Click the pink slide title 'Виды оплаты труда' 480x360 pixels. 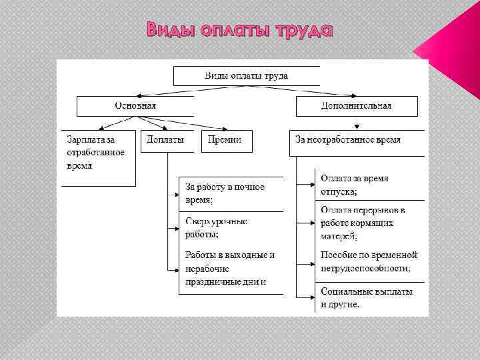239,31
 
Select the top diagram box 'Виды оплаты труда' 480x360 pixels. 246,75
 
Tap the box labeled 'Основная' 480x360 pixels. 135,106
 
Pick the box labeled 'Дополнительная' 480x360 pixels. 357,106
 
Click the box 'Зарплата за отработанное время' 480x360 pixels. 98,157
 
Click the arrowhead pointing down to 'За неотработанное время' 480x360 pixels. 358,125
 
